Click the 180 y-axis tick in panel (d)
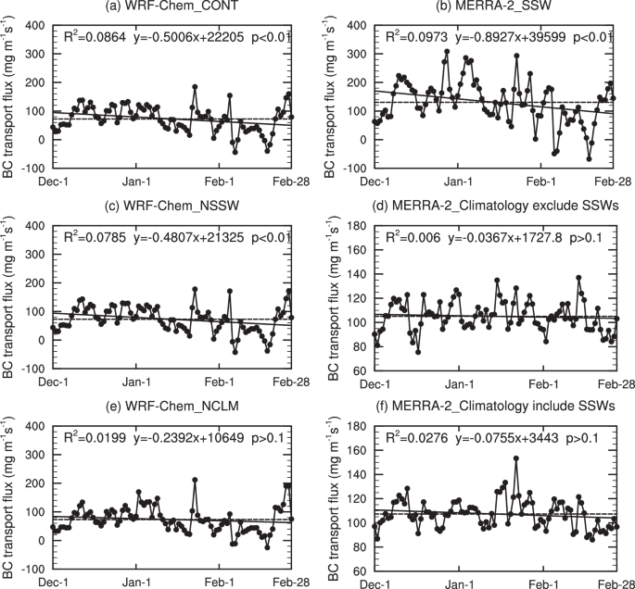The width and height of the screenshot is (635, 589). (x=358, y=227)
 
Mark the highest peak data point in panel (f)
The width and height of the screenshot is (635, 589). (x=514, y=458)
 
